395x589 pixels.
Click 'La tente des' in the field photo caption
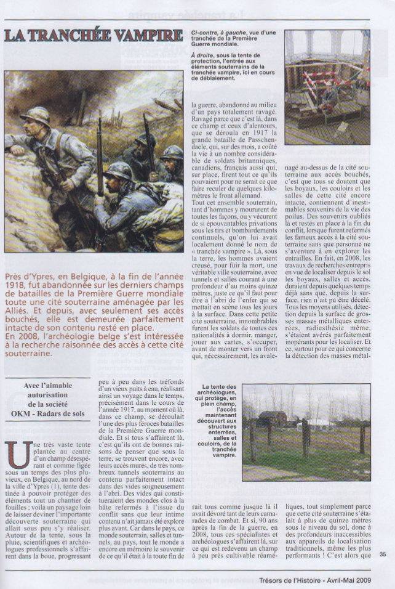point(219,387)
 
